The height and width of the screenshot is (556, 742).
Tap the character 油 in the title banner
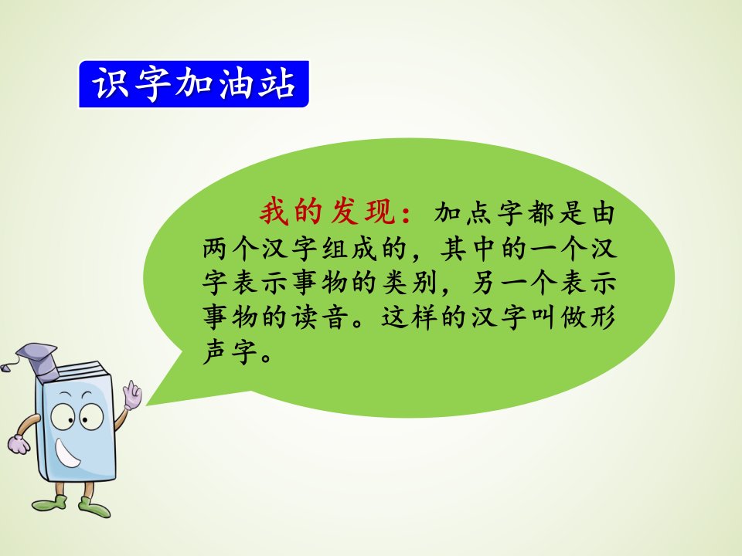(236, 83)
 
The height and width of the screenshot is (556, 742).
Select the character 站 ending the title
(277, 83)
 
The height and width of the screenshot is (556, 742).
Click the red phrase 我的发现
(328, 211)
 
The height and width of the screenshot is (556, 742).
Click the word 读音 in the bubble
(320, 317)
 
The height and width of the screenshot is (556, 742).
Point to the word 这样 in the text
(410, 317)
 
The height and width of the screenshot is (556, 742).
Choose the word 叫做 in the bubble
(559, 317)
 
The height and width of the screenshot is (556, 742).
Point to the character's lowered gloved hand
(18, 443)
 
